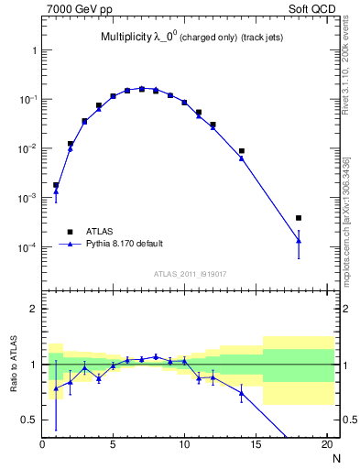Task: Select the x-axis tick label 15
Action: pos(256,445)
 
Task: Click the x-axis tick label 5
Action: pos(113,445)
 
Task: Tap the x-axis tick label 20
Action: pos(326,445)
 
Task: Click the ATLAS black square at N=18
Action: pos(299,218)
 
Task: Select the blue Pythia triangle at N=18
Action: pos(299,241)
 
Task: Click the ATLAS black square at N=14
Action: pos(242,151)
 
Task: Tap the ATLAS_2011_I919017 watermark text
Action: pos(188,273)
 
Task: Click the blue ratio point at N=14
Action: pos(242,393)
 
